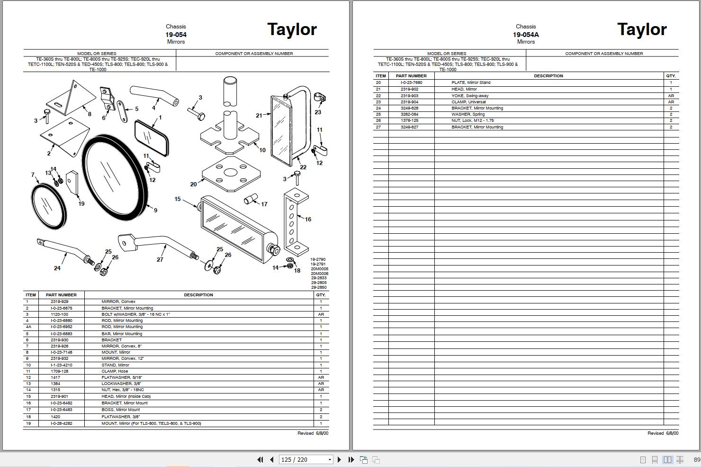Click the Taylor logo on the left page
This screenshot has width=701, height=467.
[x=292, y=29]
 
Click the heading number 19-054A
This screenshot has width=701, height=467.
[x=526, y=35]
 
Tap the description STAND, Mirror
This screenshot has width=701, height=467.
[x=115, y=365]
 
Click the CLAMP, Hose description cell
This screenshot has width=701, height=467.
[x=115, y=371]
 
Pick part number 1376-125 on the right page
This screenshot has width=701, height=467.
[x=410, y=120]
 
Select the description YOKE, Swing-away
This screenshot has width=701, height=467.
[x=470, y=96]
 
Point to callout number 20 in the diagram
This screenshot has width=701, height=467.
[x=193, y=184]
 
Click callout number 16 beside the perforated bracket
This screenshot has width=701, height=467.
[x=308, y=220]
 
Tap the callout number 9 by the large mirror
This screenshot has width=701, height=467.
[x=155, y=210]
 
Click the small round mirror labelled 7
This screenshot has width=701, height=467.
[x=47, y=206]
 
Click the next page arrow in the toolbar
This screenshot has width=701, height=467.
[x=339, y=459]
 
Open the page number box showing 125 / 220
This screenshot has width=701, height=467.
[x=306, y=459]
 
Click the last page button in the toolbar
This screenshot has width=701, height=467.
[x=351, y=459]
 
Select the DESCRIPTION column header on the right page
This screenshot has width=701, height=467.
[x=548, y=76]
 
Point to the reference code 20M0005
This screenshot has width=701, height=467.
[x=319, y=269]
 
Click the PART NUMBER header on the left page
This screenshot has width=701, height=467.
[x=61, y=295]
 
